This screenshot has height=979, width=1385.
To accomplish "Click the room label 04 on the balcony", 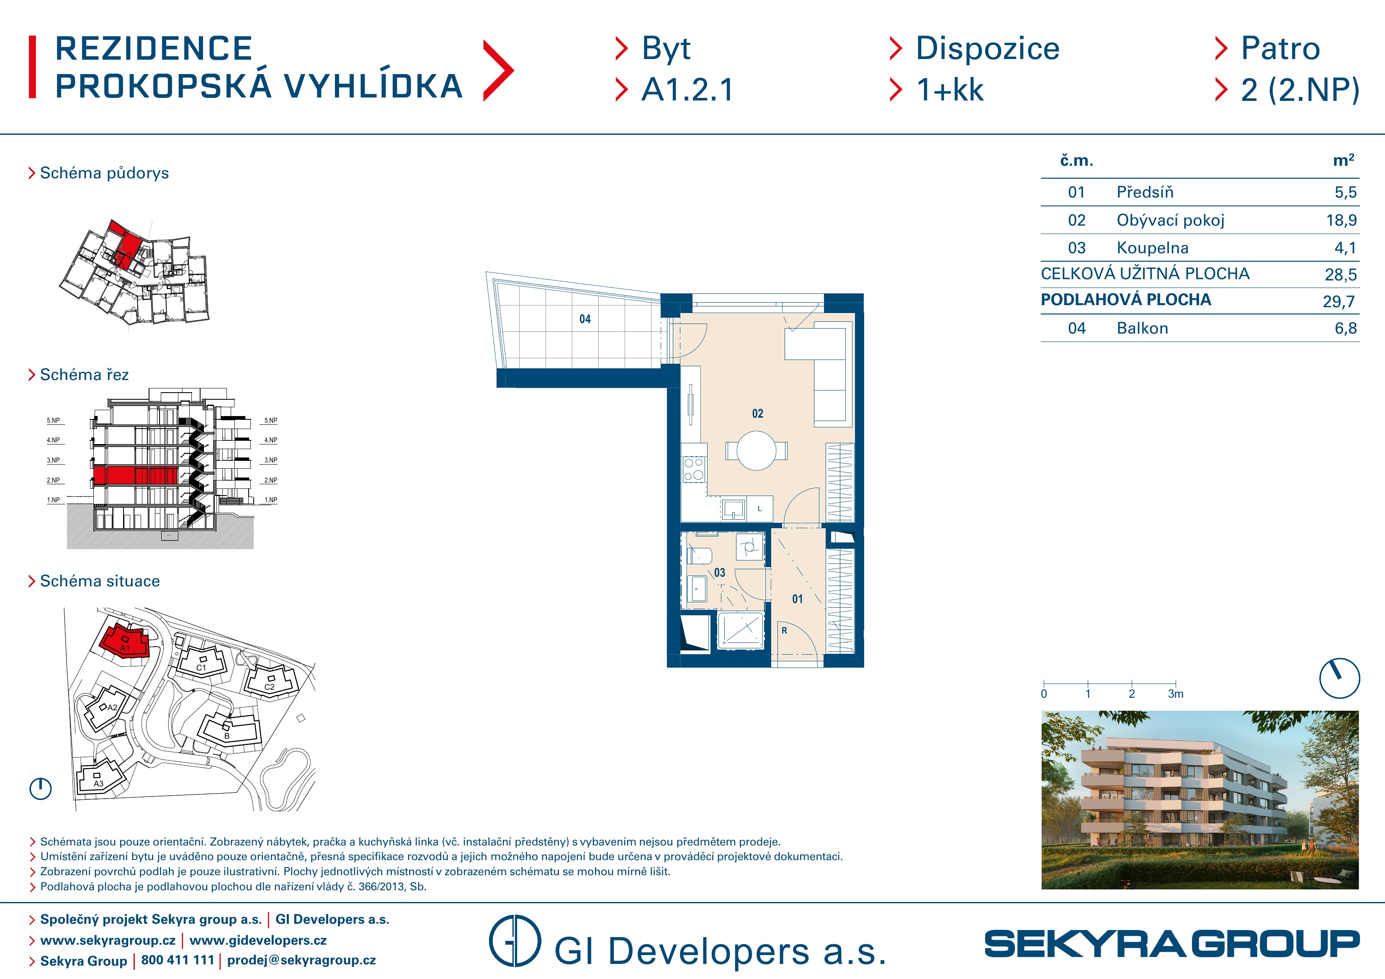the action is [584, 319].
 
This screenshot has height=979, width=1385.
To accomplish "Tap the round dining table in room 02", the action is [757, 451].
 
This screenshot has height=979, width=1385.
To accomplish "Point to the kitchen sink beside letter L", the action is [734, 509].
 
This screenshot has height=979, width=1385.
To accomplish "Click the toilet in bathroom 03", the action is [699, 555].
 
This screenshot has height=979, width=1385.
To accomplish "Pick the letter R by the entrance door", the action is [784, 631].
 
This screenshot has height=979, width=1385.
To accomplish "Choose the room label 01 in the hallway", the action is [798, 599].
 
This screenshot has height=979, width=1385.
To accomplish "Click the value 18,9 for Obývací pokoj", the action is [1341, 220].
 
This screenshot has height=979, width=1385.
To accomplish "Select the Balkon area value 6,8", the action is [1346, 328].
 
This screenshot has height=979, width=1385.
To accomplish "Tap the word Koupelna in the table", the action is [1152, 248].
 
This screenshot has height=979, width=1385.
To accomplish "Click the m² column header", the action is [1344, 160].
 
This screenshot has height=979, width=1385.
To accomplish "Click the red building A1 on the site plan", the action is [124, 641].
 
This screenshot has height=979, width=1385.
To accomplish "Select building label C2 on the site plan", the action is [270, 687].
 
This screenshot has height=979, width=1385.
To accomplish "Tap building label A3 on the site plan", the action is [98, 784].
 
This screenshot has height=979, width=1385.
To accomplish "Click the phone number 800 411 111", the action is [178, 960].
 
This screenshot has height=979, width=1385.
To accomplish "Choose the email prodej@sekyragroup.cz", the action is [301, 960].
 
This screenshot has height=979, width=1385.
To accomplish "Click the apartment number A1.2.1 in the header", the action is [687, 90].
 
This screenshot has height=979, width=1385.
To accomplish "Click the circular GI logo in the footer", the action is [514, 941].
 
